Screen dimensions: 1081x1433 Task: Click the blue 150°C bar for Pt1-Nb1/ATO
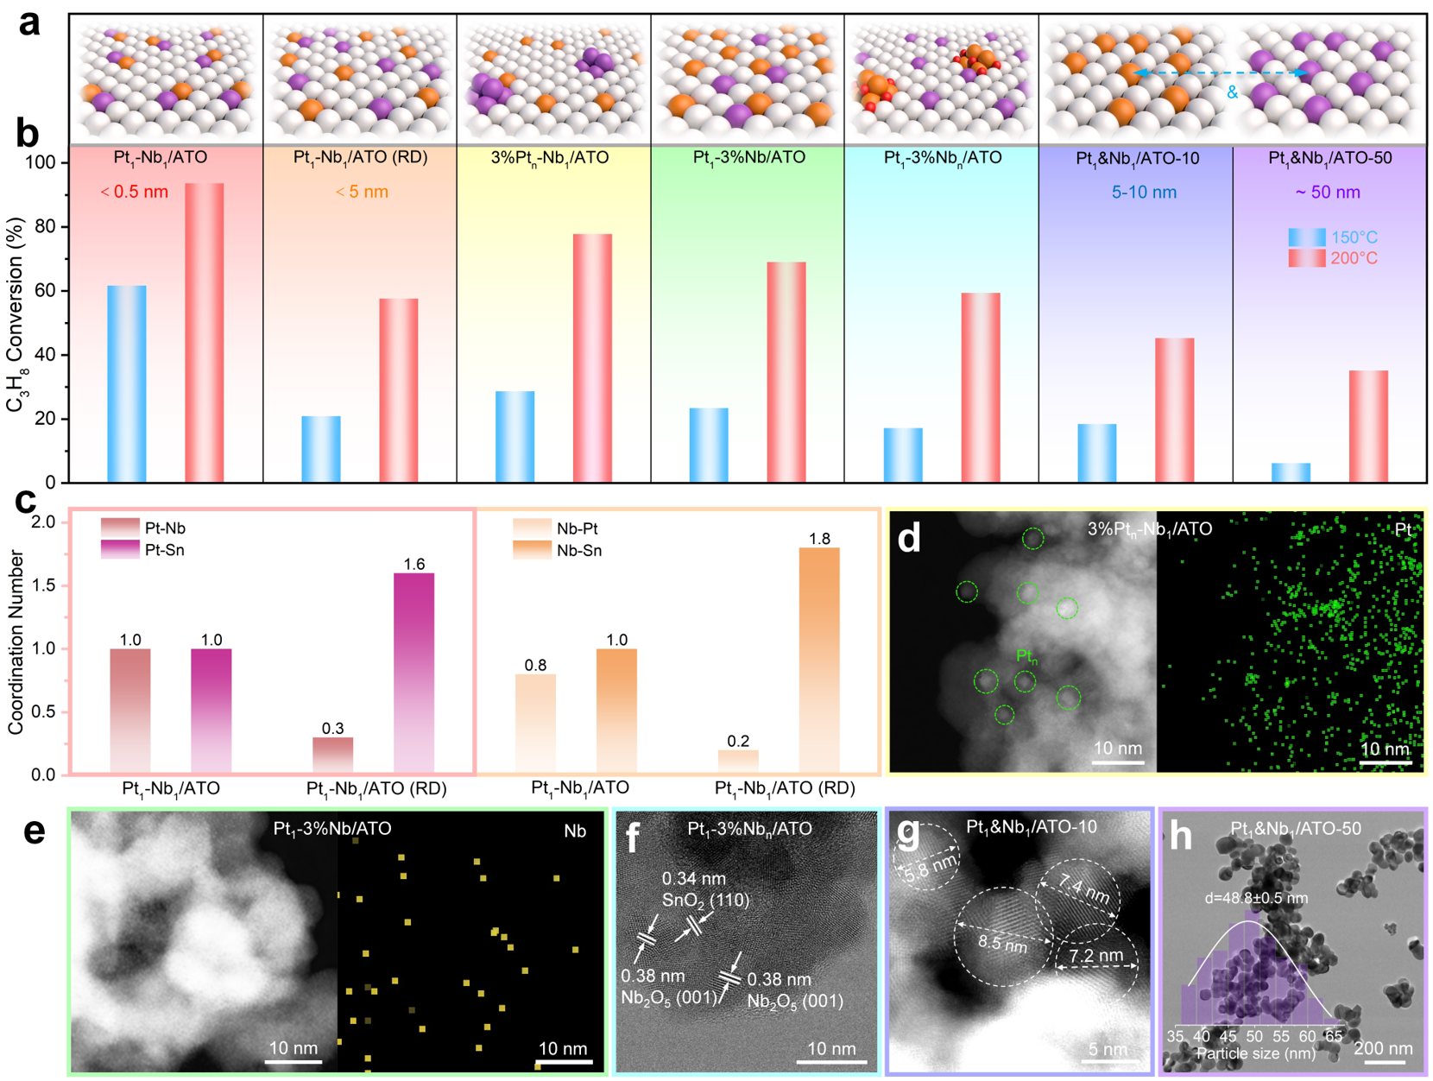[x=126, y=383]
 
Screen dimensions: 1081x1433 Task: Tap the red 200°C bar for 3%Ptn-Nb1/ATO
[x=592, y=357]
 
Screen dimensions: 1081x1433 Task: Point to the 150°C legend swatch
[x=1306, y=237]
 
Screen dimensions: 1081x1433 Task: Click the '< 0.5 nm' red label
[x=135, y=192]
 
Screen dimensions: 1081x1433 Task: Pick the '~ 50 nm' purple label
[x=1327, y=193]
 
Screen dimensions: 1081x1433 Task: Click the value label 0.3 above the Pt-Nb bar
[x=332, y=729]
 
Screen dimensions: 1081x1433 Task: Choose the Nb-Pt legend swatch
[x=531, y=528]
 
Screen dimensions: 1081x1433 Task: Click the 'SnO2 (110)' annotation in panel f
[x=705, y=901]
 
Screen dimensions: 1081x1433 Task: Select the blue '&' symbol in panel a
[x=1232, y=92]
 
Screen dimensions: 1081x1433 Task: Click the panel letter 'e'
[x=33, y=831]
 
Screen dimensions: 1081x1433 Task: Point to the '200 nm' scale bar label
[x=1383, y=1048]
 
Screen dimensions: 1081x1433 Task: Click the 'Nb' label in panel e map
[x=575, y=831]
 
